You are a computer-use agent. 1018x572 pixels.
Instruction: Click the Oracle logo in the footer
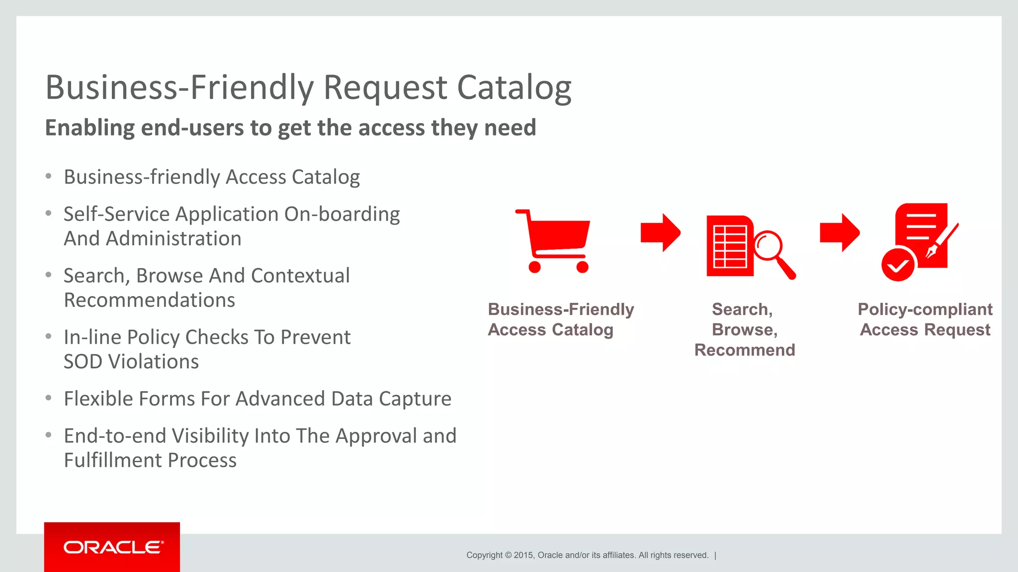pos(113,547)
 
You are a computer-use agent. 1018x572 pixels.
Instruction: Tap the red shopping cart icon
pos(556,238)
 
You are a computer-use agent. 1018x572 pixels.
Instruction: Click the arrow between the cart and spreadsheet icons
pos(660,232)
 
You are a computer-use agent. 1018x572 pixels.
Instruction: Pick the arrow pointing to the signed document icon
pos(839,232)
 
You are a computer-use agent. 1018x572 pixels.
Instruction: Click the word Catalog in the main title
pos(514,87)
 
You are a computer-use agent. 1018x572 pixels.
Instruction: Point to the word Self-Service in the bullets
pos(116,214)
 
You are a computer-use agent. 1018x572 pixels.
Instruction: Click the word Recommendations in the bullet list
pos(149,300)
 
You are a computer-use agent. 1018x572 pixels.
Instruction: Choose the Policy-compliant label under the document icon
pos(925,309)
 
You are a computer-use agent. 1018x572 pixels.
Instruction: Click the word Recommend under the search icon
pos(745,350)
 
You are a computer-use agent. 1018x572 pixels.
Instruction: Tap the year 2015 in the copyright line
pos(523,555)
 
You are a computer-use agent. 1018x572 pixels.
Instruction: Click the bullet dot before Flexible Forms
pos(48,398)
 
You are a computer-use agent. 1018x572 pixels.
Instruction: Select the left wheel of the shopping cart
pos(534,267)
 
